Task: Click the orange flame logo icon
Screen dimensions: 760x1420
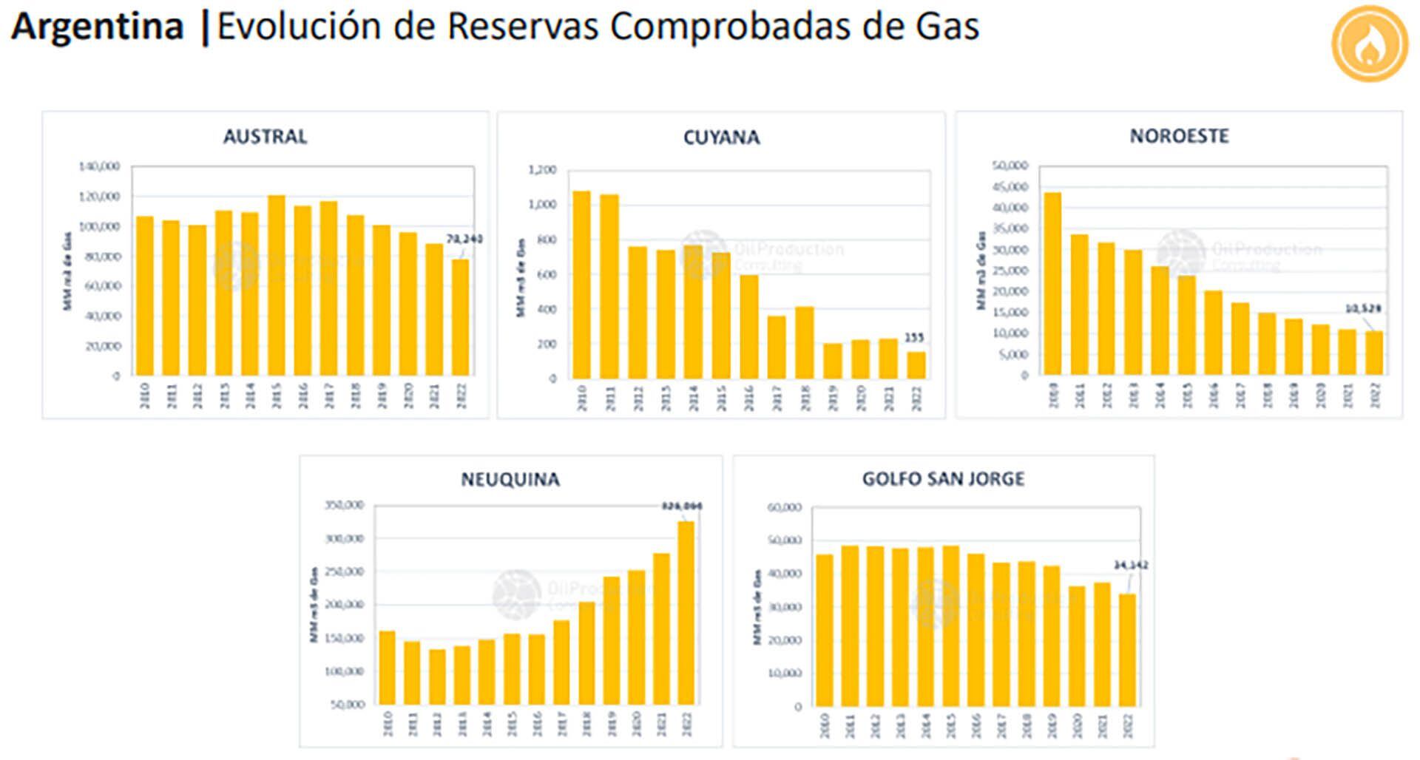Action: [1370, 44]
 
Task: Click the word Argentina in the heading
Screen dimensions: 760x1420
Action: [97, 27]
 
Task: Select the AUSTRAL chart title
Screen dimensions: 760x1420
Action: [265, 137]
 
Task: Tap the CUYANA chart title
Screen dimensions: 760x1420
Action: [721, 138]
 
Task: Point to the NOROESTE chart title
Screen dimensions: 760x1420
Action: [1179, 136]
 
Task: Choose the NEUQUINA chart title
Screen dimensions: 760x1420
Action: [510, 480]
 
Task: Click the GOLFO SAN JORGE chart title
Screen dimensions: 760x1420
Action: [943, 479]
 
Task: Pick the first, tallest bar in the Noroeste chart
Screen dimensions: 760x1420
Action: [1052, 284]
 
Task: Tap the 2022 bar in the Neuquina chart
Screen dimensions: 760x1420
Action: [686, 613]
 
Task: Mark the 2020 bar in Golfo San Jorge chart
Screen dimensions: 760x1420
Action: [1077, 646]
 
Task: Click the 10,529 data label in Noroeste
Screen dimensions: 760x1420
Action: [1363, 309]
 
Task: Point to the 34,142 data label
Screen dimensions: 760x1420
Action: [1131, 566]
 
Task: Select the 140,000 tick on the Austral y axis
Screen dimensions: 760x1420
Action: [99, 167]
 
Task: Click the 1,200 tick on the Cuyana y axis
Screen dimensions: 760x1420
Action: [542, 170]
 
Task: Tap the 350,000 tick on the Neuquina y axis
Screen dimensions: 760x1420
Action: [344, 506]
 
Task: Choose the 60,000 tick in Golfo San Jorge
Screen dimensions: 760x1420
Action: [784, 508]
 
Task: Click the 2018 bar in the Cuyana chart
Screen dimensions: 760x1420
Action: [805, 342]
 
